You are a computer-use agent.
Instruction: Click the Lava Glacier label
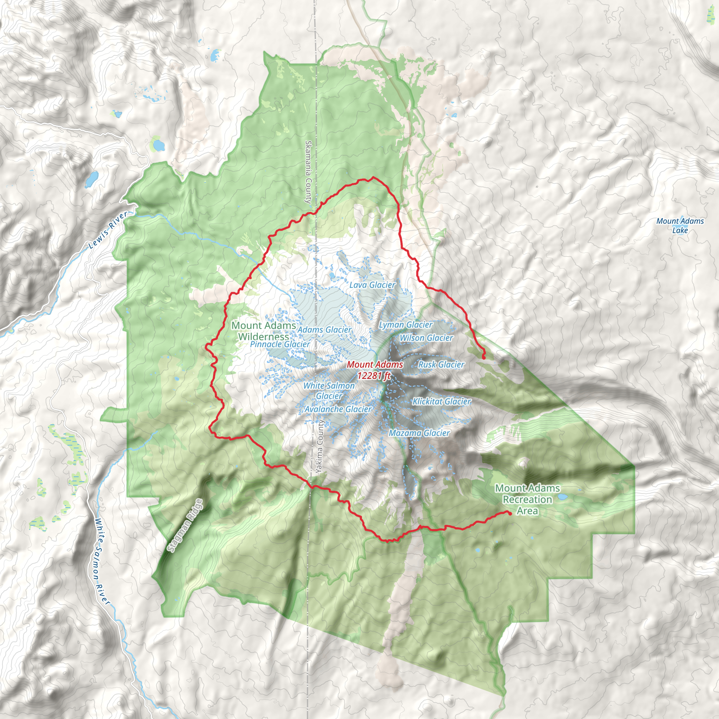coord(372,285)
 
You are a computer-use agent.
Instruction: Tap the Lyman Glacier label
coord(405,325)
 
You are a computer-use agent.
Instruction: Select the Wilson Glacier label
coord(426,338)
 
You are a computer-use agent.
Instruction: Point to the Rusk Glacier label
coord(441,365)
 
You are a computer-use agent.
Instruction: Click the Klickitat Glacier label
coord(442,402)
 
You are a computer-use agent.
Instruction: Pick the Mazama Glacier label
coord(420,433)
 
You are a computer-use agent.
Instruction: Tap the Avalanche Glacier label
coord(338,409)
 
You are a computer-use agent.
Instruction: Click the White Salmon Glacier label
coord(329,391)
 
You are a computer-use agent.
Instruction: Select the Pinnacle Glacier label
coord(280,344)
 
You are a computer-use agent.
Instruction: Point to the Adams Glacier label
coord(324,330)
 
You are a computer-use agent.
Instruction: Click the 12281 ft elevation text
coord(374,376)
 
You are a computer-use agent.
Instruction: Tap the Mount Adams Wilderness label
coord(264,331)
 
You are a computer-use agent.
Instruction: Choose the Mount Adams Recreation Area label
coord(527,500)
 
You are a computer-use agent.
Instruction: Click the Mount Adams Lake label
coord(680,225)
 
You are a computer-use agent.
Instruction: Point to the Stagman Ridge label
coord(185,526)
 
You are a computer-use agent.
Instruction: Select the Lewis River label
coord(108,230)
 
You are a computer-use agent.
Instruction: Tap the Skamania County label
coord(308,172)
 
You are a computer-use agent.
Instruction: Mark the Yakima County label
coord(319,447)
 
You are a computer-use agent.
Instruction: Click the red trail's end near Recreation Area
coord(509,513)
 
